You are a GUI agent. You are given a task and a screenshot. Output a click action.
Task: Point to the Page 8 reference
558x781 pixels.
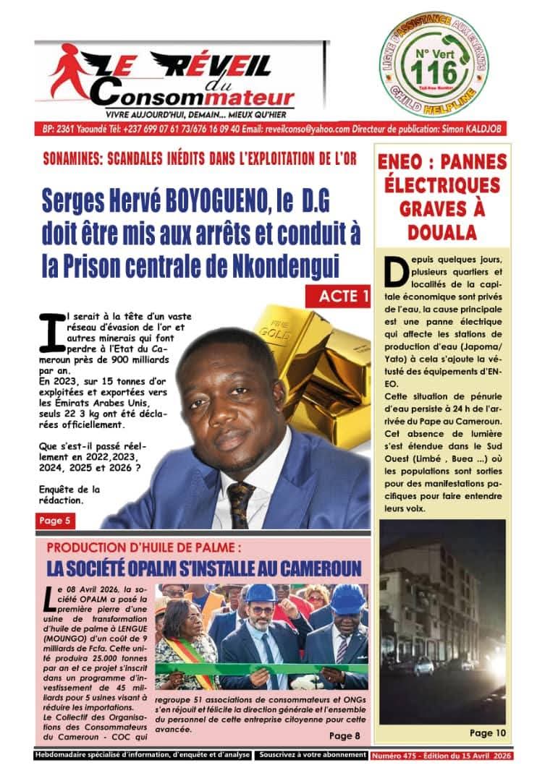(344, 736)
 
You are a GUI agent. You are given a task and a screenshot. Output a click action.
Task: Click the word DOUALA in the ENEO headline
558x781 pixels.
(441, 233)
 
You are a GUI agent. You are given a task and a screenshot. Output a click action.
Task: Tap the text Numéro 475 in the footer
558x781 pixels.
(397, 755)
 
